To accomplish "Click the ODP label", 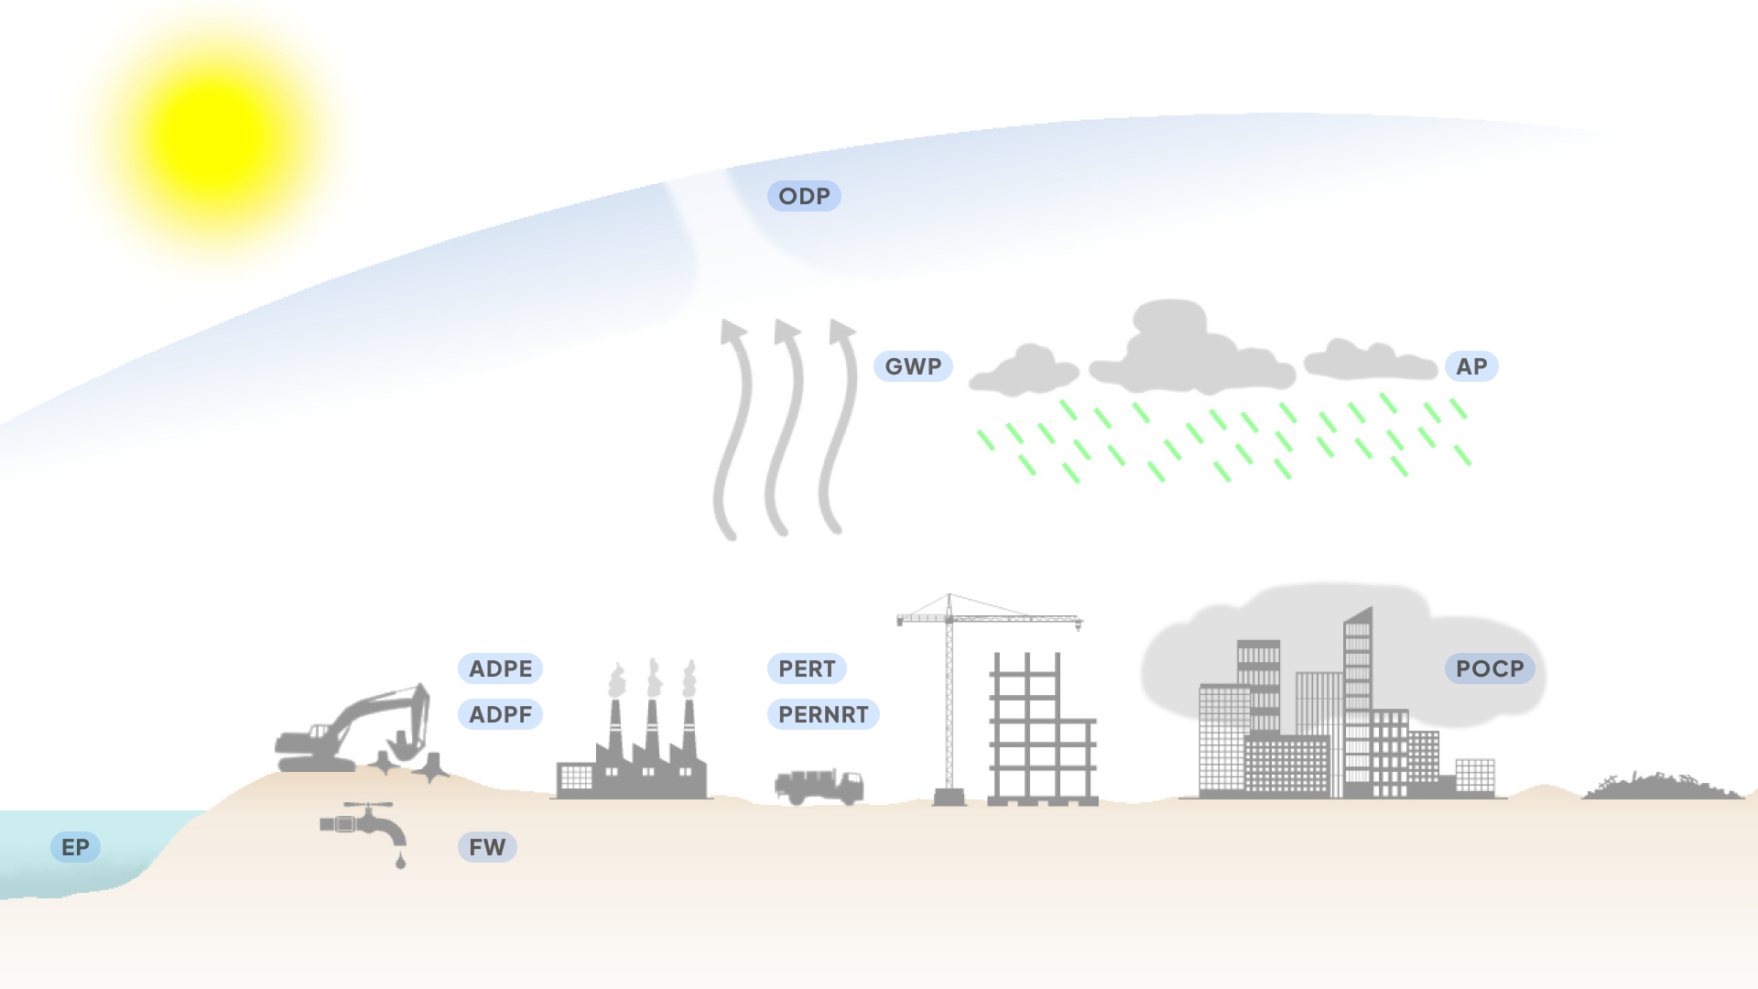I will point(804,196).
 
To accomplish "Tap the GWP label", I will point(913,366).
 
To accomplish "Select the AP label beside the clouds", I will point(1471,366).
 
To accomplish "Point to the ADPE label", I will point(500,668).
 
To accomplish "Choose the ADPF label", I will point(500,714).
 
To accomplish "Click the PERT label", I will point(807,668).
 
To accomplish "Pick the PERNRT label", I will point(823,714).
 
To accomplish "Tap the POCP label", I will point(1490,668).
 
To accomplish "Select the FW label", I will point(487,847).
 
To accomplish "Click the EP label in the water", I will point(75,847).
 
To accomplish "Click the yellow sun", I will point(215,137).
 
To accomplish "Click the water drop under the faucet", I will point(400,861).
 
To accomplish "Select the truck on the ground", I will point(819,786).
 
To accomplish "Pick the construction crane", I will point(950,696).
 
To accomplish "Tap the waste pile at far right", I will point(1662,788).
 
